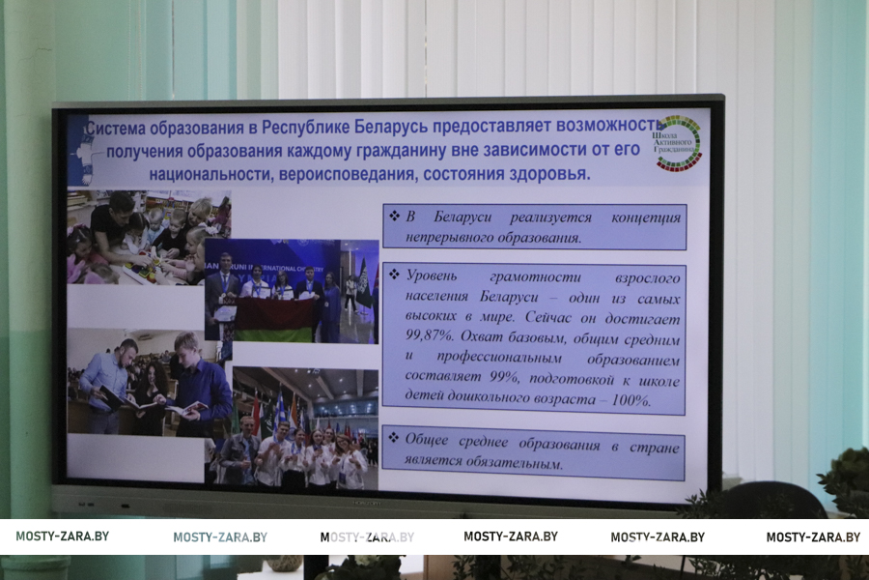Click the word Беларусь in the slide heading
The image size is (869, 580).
coord(391,127)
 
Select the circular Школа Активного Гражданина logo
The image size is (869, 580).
coord(677,143)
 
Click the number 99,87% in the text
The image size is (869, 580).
coord(430,337)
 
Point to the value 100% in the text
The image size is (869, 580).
coord(630,400)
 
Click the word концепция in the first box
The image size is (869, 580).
coord(646,217)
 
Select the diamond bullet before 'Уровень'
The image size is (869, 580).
coord(394,275)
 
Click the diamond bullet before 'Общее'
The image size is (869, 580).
coord(394,438)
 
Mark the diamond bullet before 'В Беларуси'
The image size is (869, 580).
coord(394,216)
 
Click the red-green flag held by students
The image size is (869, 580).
coord(273,320)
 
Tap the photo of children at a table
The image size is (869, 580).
coord(149,238)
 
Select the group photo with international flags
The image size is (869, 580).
coord(305,427)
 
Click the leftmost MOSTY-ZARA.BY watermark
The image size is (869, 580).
coord(62,536)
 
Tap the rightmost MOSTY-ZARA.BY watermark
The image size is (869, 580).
coord(813,536)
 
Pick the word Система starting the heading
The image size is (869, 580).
coord(115,129)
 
